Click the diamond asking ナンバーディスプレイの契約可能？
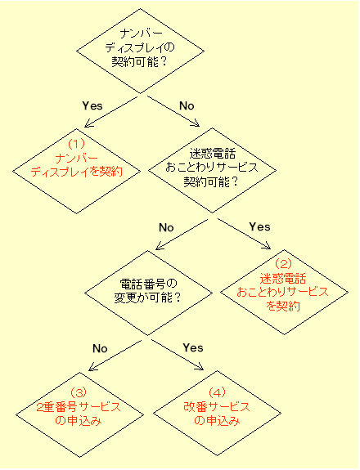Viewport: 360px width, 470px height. point(141,51)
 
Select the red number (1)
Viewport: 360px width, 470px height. point(76,144)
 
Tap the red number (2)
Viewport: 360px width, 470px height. point(283,264)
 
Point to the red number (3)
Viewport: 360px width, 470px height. point(79,392)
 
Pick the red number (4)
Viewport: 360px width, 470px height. point(217,392)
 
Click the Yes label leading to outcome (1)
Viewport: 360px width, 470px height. point(92,105)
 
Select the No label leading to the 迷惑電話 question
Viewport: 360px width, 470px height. point(187,105)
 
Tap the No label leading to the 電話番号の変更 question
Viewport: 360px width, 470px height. point(166,227)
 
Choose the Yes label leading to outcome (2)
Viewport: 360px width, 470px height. point(260,227)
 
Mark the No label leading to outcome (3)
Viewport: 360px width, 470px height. point(100,348)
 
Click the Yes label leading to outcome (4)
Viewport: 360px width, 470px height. point(193,347)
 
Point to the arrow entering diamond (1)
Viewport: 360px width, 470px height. point(110,112)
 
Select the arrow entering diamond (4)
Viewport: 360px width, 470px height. point(178,355)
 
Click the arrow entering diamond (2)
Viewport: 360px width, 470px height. point(244,234)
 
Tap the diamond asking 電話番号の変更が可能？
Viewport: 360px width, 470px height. point(149,293)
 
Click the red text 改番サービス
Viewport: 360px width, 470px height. point(217,407)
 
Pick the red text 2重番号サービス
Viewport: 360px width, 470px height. point(79,407)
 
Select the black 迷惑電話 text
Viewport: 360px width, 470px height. point(213,154)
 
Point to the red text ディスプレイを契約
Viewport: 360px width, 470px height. point(77,172)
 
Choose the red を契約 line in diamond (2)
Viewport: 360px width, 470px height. point(283,306)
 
